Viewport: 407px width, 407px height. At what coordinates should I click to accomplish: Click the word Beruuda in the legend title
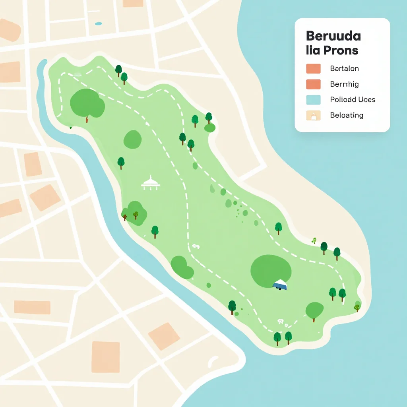pyautogui.click(x=333, y=36)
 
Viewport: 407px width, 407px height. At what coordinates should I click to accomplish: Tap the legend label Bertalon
pyautogui.click(x=344, y=68)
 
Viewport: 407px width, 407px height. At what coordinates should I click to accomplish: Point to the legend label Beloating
pyautogui.click(x=347, y=115)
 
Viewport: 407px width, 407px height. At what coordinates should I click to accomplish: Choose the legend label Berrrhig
pyautogui.click(x=344, y=84)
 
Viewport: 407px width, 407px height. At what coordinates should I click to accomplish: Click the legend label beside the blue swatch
pyautogui.click(x=353, y=99)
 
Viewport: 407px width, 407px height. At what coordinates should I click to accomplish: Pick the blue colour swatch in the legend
pyautogui.click(x=313, y=100)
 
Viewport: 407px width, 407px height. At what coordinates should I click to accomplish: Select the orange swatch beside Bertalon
pyautogui.click(x=313, y=68)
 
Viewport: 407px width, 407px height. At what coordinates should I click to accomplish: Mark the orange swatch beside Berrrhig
pyautogui.click(x=313, y=84)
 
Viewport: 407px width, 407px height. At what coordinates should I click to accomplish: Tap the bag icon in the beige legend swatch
pyautogui.click(x=313, y=116)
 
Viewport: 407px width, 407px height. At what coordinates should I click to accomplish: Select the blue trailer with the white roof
pyautogui.click(x=280, y=285)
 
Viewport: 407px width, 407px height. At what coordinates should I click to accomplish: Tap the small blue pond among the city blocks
pyautogui.click(x=99, y=23)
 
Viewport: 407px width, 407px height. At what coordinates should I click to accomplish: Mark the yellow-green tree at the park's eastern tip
pyautogui.click(x=357, y=306)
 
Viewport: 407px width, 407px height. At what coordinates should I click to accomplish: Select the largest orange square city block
pyautogui.click(x=105, y=357)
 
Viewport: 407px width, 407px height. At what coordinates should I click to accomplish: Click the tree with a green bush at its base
pyautogui.click(x=209, y=121)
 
